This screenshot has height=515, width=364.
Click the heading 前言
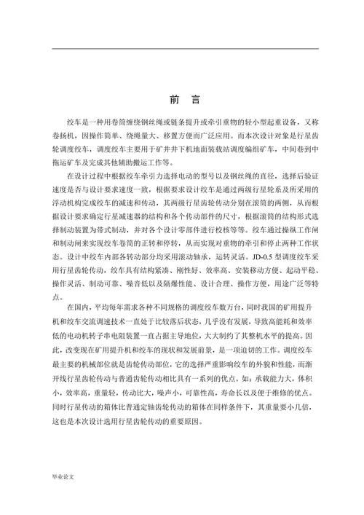click(183, 100)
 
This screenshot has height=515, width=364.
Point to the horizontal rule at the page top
click(182, 47)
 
